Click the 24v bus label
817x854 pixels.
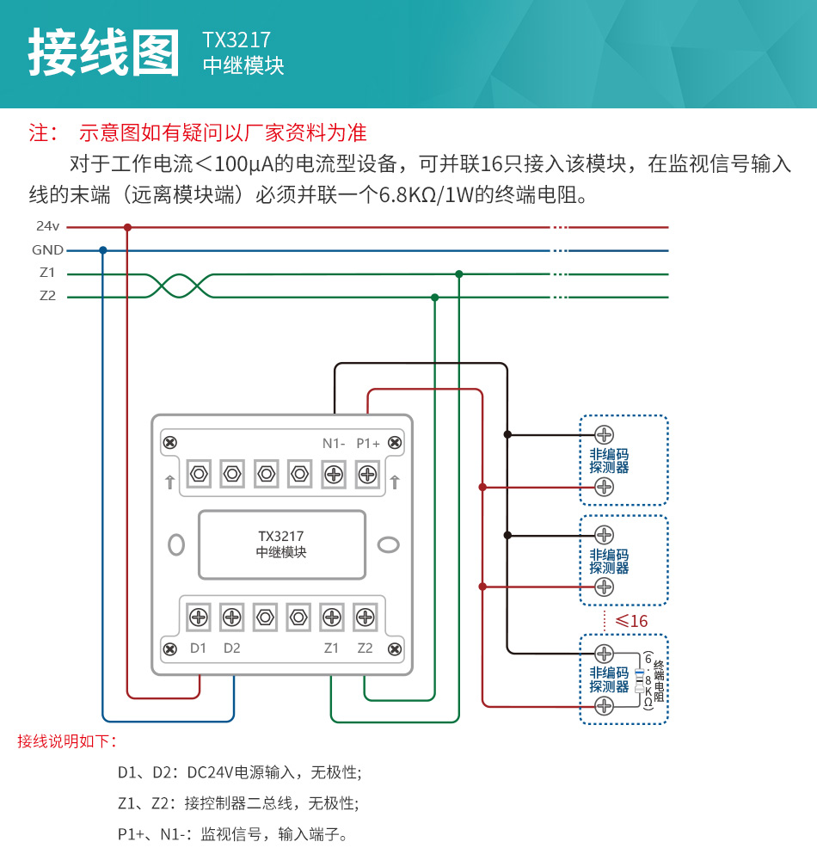pyautogui.click(x=47, y=227)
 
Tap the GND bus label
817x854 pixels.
pyautogui.click(x=47, y=250)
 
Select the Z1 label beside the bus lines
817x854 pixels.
pyautogui.click(x=47, y=273)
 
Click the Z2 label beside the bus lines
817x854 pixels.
pyautogui.click(x=47, y=297)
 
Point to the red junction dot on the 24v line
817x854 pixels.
pyautogui.click(x=127, y=228)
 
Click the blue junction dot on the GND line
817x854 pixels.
pyautogui.click(x=103, y=250)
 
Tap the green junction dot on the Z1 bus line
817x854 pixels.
pyautogui.click(x=458, y=274)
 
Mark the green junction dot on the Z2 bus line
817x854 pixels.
pyautogui.click(x=434, y=298)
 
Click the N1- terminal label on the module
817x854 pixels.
pyautogui.click(x=334, y=443)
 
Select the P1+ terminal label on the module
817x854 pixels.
pyautogui.click(x=368, y=443)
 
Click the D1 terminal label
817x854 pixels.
pyautogui.click(x=198, y=648)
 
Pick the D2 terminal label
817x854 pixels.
pyautogui.click(x=231, y=648)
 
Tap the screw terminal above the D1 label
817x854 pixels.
pyautogui.click(x=198, y=617)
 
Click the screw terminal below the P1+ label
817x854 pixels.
pyautogui.click(x=367, y=474)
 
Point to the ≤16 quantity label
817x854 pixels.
pyautogui.click(x=631, y=621)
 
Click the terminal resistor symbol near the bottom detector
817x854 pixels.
pyautogui.click(x=639, y=679)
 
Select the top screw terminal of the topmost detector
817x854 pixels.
pyautogui.click(x=604, y=434)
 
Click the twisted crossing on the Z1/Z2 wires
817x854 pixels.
pyautogui.click(x=177, y=286)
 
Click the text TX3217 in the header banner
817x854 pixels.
pyautogui.click(x=236, y=40)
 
